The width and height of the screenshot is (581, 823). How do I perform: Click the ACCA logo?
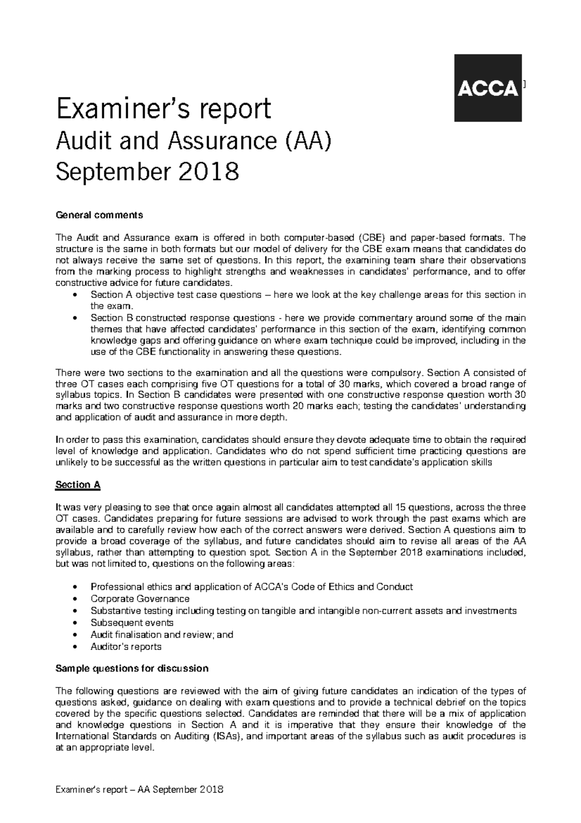pyautogui.click(x=488, y=88)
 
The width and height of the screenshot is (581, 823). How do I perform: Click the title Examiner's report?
pyautogui.click(x=163, y=109)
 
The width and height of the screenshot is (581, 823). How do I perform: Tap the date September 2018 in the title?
pyautogui.click(x=148, y=172)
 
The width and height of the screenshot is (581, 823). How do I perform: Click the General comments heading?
pyautogui.click(x=99, y=214)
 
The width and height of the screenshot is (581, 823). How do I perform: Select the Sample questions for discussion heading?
pyautogui.click(x=132, y=668)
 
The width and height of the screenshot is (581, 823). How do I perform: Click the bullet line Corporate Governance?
pyautogui.click(x=140, y=599)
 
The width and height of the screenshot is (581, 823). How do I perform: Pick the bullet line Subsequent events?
pyautogui.click(x=132, y=622)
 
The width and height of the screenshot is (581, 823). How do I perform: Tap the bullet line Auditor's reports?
pyautogui.click(x=126, y=647)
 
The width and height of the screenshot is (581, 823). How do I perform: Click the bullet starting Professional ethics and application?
pyautogui.click(x=251, y=586)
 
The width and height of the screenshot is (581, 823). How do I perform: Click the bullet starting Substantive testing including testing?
pyautogui.click(x=303, y=611)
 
